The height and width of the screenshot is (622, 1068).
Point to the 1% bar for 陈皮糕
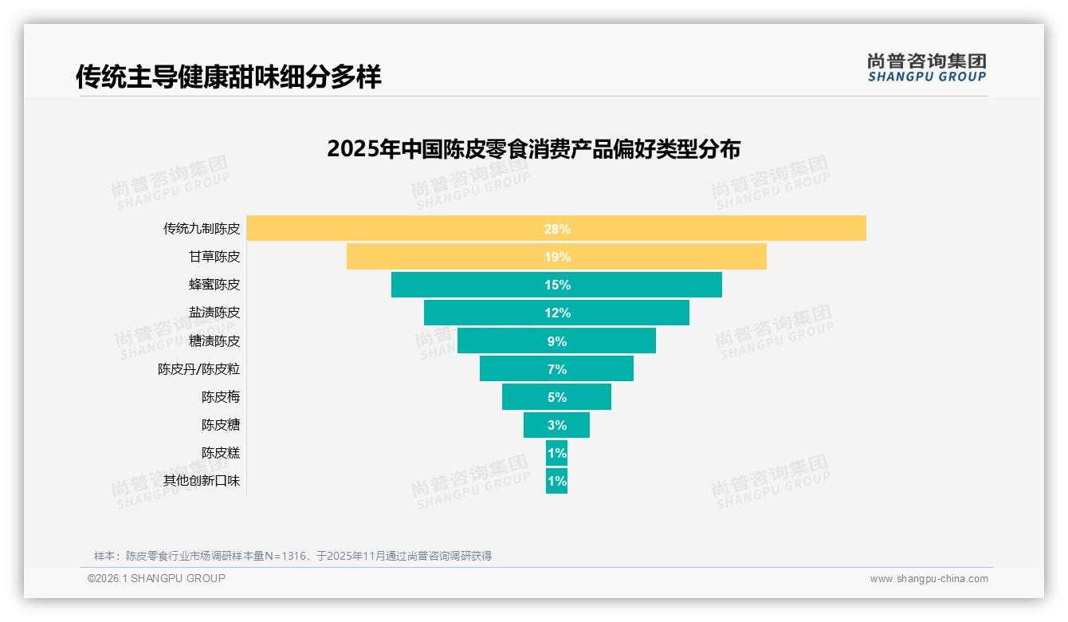pyautogui.click(x=556, y=453)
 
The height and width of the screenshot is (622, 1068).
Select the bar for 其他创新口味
pyautogui.click(x=556, y=481)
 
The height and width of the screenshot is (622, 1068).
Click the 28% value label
pyautogui.click(x=557, y=229)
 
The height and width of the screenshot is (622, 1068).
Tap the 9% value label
pyautogui.click(x=557, y=341)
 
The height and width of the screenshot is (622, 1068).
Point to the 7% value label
pyautogui.click(x=557, y=369)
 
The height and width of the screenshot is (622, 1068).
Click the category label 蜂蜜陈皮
pyautogui.click(x=214, y=285)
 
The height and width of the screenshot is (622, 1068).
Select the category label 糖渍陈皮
pyautogui.click(x=214, y=341)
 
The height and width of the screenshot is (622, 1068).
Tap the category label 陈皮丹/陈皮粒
pyautogui.click(x=198, y=369)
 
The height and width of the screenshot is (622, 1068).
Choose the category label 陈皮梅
pyautogui.click(x=221, y=397)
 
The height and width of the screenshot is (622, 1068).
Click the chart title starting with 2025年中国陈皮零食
pyautogui.click(x=533, y=149)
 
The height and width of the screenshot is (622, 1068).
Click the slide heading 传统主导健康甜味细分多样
pyautogui.click(x=229, y=77)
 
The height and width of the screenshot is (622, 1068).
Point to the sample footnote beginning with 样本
pyautogui.click(x=293, y=556)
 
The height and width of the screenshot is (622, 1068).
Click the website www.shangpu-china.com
pyautogui.click(x=929, y=579)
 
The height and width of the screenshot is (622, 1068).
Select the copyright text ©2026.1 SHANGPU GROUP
pyautogui.click(x=156, y=578)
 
